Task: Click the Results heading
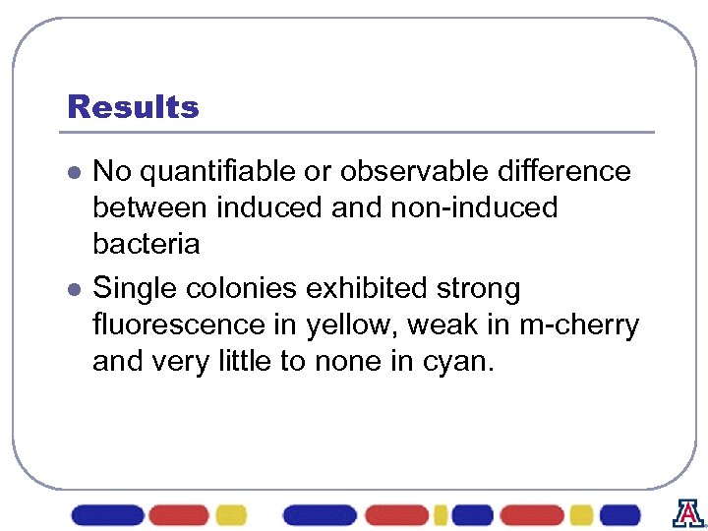coord(133,106)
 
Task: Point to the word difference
coord(566,172)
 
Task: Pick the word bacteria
coord(146,244)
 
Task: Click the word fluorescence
coord(181,325)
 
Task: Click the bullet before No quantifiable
coord(73,173)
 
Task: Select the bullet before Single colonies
coord(73,290)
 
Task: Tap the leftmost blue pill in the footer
coord(107,514)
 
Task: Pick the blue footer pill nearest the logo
coord(619,514)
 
